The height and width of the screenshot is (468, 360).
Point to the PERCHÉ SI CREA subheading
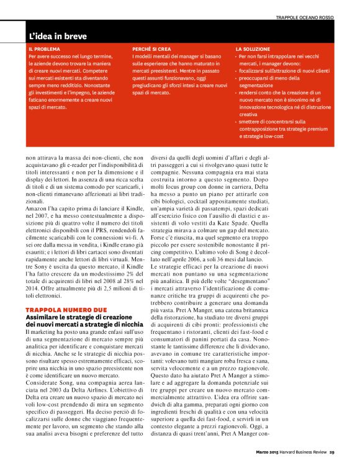151,48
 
